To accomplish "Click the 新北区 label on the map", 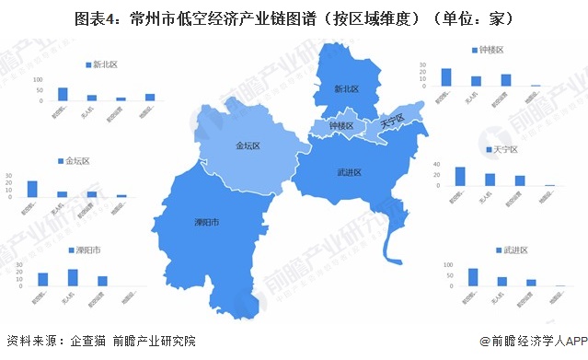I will (345, 89).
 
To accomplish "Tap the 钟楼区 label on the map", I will (340, 126).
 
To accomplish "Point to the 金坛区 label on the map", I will (249, 145).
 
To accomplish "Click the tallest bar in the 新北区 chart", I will (63, 94).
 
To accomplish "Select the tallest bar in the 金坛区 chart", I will (32, 188).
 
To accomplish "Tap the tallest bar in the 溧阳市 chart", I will (72, 277).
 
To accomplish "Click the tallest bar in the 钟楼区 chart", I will (446, 76).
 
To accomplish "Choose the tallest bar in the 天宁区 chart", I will (460, 176).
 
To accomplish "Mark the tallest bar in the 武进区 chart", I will (473, 277).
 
